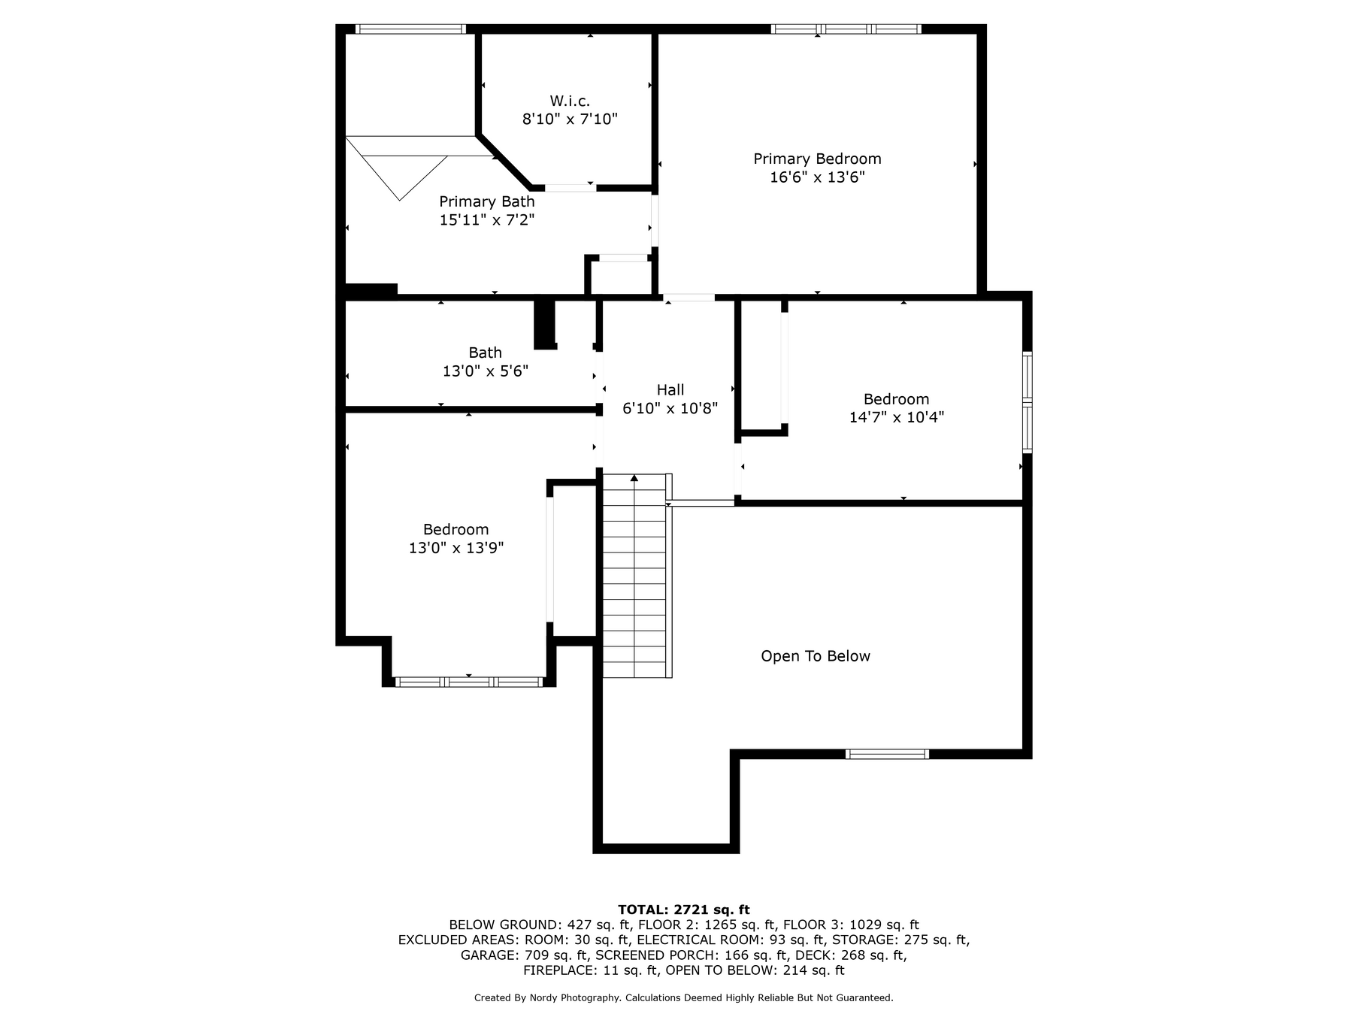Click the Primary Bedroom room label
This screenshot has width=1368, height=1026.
pyautogui.click(x=817, y=159)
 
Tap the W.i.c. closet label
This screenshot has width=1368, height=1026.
pyautogui.click(x=570, y=101)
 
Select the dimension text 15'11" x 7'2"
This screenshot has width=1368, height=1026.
pyautogui.click(x=487, y=220)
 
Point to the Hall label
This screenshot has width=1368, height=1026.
pyautogui.click(x=670, y=389)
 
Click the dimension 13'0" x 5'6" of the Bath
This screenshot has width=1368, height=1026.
pyautogui.click(x=486, y=371)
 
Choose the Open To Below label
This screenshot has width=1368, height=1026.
pyautogui.click(x=816, y=656)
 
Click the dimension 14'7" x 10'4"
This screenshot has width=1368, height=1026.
pyautogui.click(x=897, y=417)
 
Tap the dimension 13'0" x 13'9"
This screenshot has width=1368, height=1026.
pyautogui.click(x=456, y=548)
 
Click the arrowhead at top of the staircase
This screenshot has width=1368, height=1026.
pyautogui.click(x=635, y=477)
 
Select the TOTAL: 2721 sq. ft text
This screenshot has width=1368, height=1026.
pyautogui.click(x=684, y=910)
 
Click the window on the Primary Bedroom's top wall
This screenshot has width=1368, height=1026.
pyautogui.click(x=846, y=29)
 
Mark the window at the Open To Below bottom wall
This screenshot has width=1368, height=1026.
pyautogui.click(x=887, y=754)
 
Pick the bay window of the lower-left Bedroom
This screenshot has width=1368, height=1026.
pyautogui.click(x=468, y=682)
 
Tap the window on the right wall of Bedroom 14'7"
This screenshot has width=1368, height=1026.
pyautogui.click(x=1028, y=402)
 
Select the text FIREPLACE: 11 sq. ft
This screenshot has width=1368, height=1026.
pyautogui.click(x=591, y=970)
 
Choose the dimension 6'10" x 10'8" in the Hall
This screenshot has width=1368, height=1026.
pyautogui.click(x=670, y=409)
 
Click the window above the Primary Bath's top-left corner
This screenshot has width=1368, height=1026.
pyautogui.click(x=410, y=29)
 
